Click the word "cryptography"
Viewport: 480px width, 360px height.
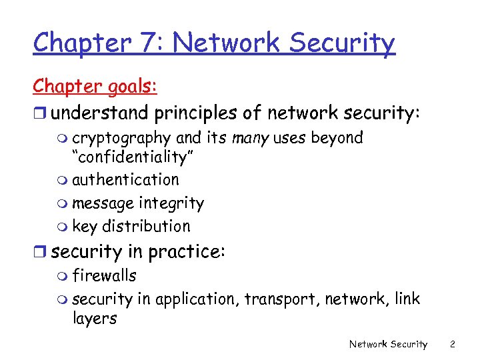(121, 139)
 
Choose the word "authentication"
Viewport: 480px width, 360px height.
(125, 179)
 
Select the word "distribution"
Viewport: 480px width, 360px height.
(146, 226)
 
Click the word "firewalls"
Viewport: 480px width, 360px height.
(104, 275)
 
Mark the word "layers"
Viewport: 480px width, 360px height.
(94, 319)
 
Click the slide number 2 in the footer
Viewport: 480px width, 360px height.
(452, 344)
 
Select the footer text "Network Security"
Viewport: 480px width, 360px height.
(388, 344)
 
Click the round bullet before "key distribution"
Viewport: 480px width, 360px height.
(63, 227)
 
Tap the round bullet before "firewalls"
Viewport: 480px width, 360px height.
(63, 277)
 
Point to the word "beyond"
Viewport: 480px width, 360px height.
(337, 139)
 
